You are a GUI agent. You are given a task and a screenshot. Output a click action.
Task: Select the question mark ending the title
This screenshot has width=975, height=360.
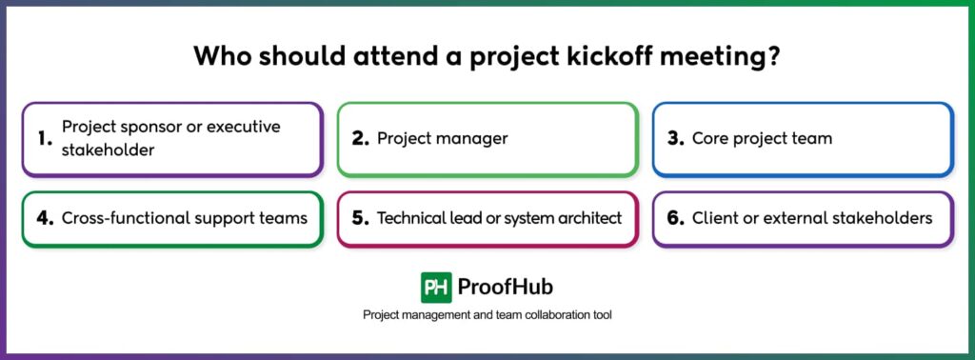point(774,56)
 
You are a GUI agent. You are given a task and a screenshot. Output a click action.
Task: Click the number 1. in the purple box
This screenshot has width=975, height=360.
point(45,138)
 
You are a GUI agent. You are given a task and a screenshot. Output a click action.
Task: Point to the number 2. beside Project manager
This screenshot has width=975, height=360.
point(360,138)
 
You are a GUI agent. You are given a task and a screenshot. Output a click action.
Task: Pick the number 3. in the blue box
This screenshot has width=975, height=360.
point(675,138)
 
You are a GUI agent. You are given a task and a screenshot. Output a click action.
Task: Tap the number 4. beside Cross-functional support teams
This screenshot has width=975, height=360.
point(45,218)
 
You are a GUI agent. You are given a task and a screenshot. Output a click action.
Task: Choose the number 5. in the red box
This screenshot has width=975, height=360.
point(360,218)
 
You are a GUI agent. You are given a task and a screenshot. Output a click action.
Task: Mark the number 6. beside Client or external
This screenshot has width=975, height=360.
point(675,218)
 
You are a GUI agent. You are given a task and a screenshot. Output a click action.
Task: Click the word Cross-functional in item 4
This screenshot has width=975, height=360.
point(117,218)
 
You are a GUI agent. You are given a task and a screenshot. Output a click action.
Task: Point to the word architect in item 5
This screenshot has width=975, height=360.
point(588,218)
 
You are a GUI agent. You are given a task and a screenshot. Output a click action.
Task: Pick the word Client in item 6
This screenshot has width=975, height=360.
point(714,218)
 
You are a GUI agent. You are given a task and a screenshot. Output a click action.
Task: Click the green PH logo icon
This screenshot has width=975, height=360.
point(436,288)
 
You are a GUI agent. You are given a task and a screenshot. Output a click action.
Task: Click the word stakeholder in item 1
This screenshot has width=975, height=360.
point(108,150)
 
